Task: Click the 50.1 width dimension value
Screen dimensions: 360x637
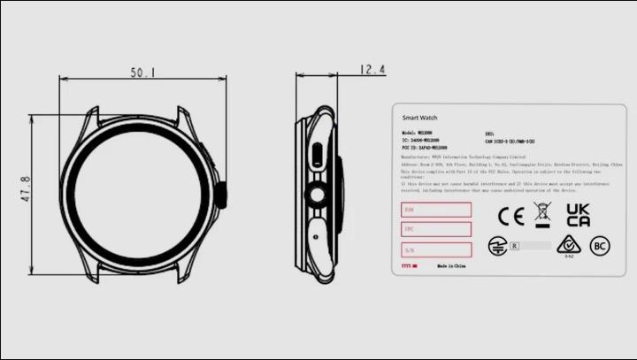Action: click(142, 73)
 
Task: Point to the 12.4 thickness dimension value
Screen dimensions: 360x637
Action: click(372, 69)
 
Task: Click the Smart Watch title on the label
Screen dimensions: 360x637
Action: click(419, 118)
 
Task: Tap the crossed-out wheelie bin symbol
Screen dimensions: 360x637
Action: click(543, 214)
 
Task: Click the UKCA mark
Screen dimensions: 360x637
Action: click(579, 215)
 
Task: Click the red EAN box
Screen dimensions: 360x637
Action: click(435, 210)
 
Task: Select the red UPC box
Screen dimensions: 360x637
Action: click(435, 229)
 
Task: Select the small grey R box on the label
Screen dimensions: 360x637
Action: click(515, 245)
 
